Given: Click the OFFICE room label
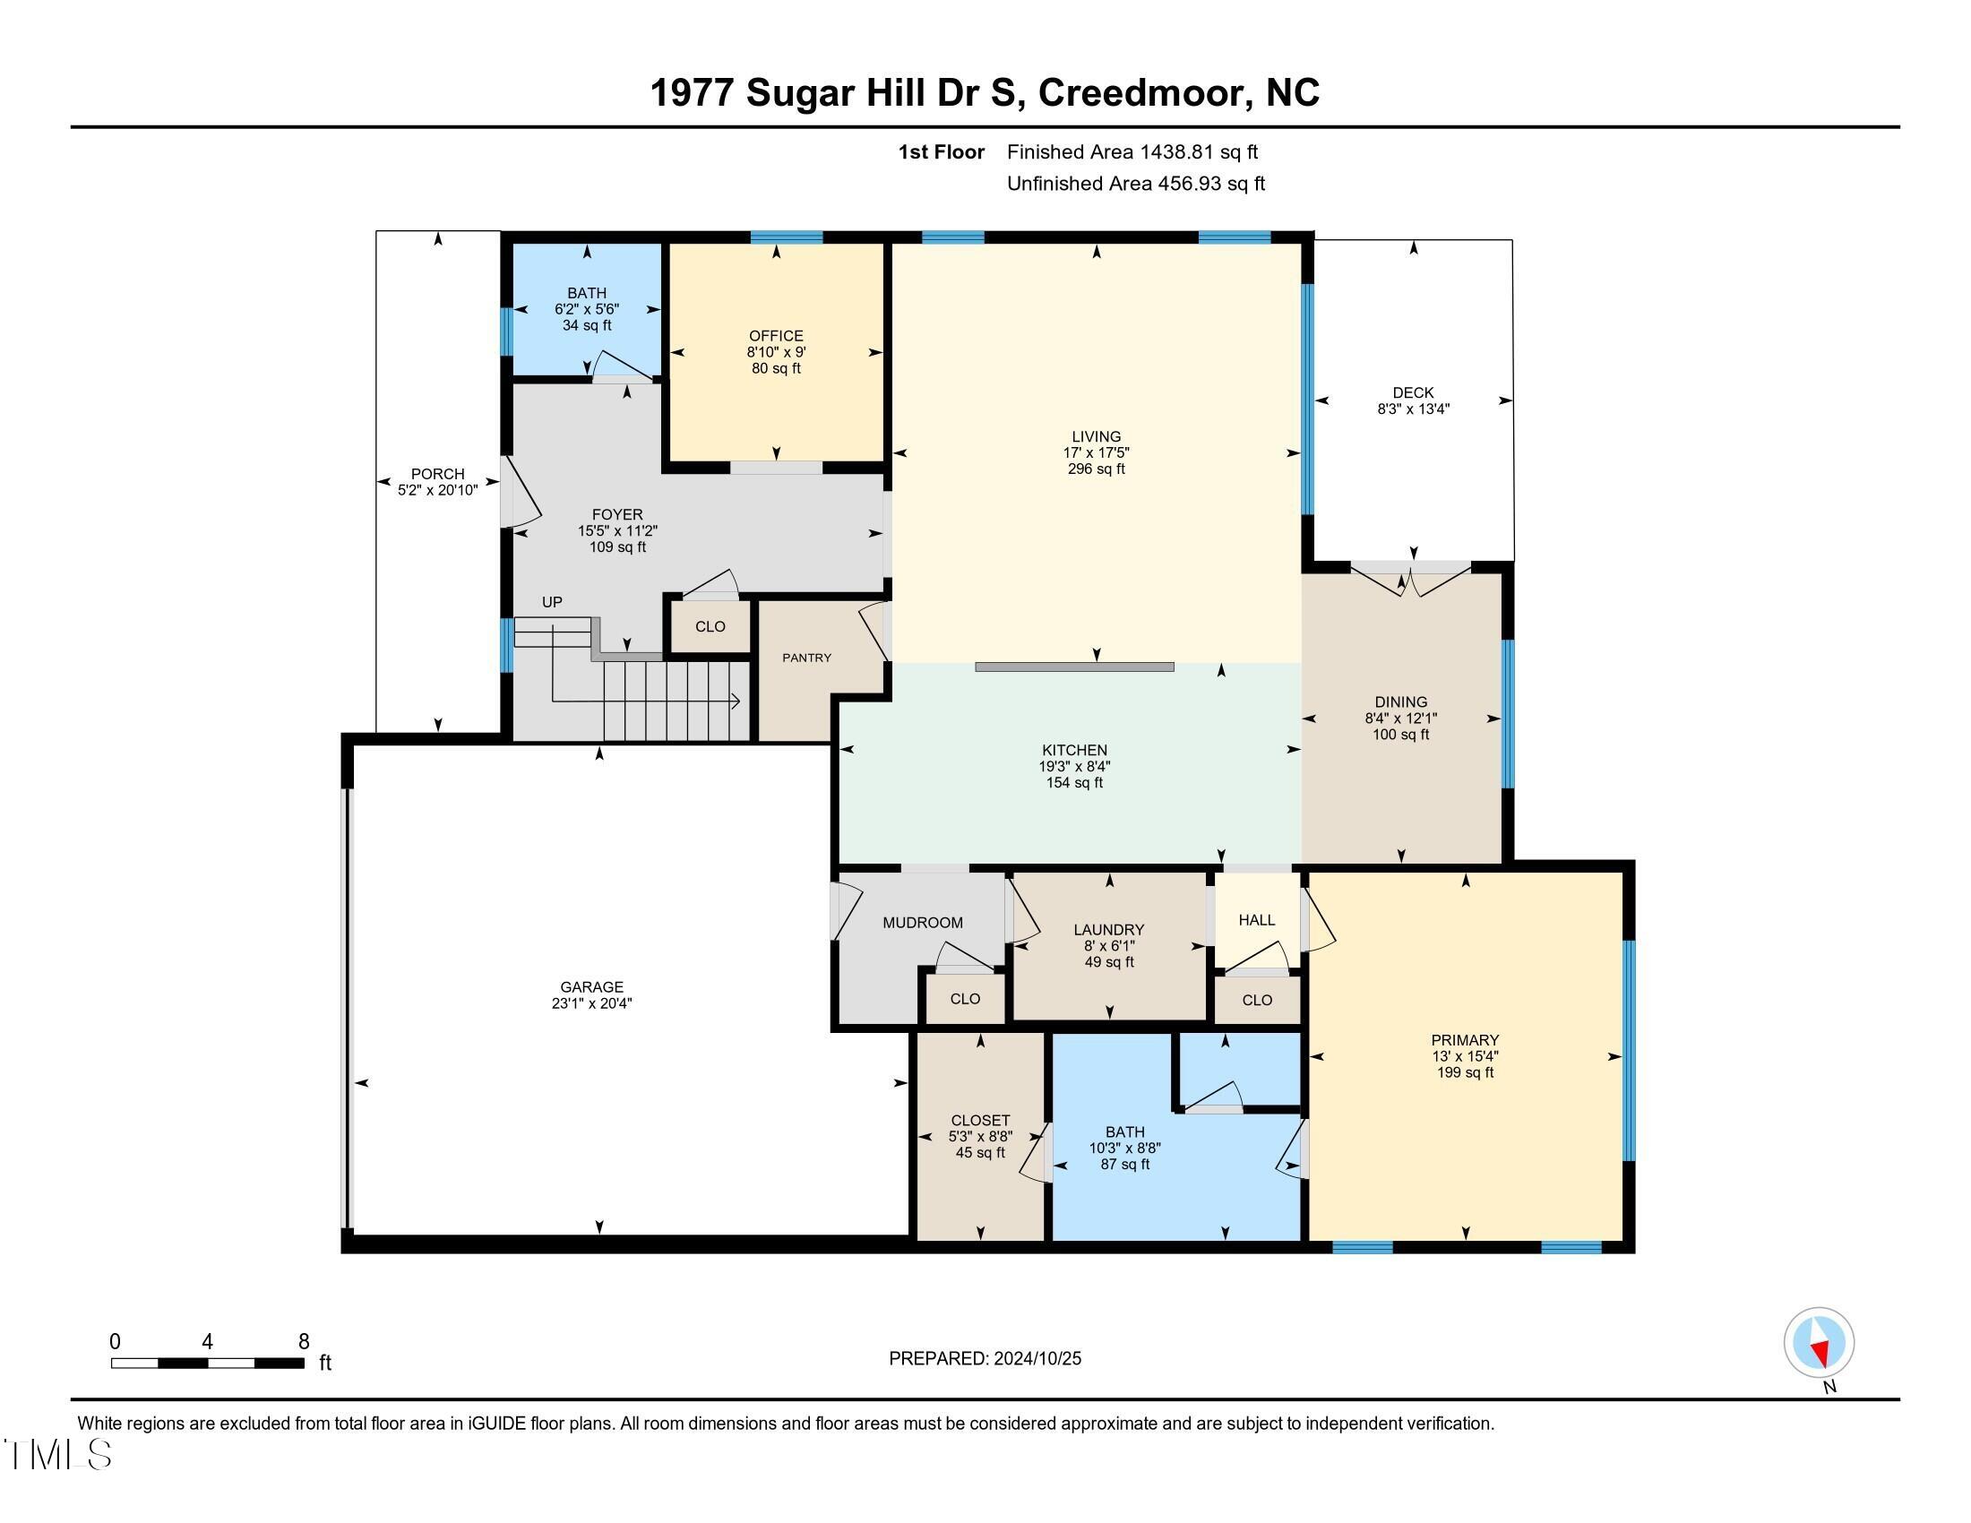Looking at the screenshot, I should (775, 336).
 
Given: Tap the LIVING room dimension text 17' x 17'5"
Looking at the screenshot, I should (1096, 453).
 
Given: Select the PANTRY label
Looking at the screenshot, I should (806, 658).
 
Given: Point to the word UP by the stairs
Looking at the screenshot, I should (551, 602).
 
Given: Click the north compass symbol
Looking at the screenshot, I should (1819, 1342).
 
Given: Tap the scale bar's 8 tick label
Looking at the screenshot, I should (304, 1342).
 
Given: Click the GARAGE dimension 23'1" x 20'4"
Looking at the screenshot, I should (591, 1003).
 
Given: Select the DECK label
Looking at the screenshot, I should (1412, 392).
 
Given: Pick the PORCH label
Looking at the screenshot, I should (438, 474).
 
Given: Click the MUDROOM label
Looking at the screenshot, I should (922, 922).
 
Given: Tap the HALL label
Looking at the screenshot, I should (1256, 919).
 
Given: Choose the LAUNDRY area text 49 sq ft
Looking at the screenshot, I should (1108, 962).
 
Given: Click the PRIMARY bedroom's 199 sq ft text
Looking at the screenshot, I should (1465, 1071).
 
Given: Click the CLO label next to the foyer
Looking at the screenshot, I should (710, 626).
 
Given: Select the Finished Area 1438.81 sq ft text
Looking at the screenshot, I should (1132, 151).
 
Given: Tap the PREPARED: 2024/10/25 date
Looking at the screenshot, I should (985, 1358).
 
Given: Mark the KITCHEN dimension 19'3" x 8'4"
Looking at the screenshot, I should (1074, 766).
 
